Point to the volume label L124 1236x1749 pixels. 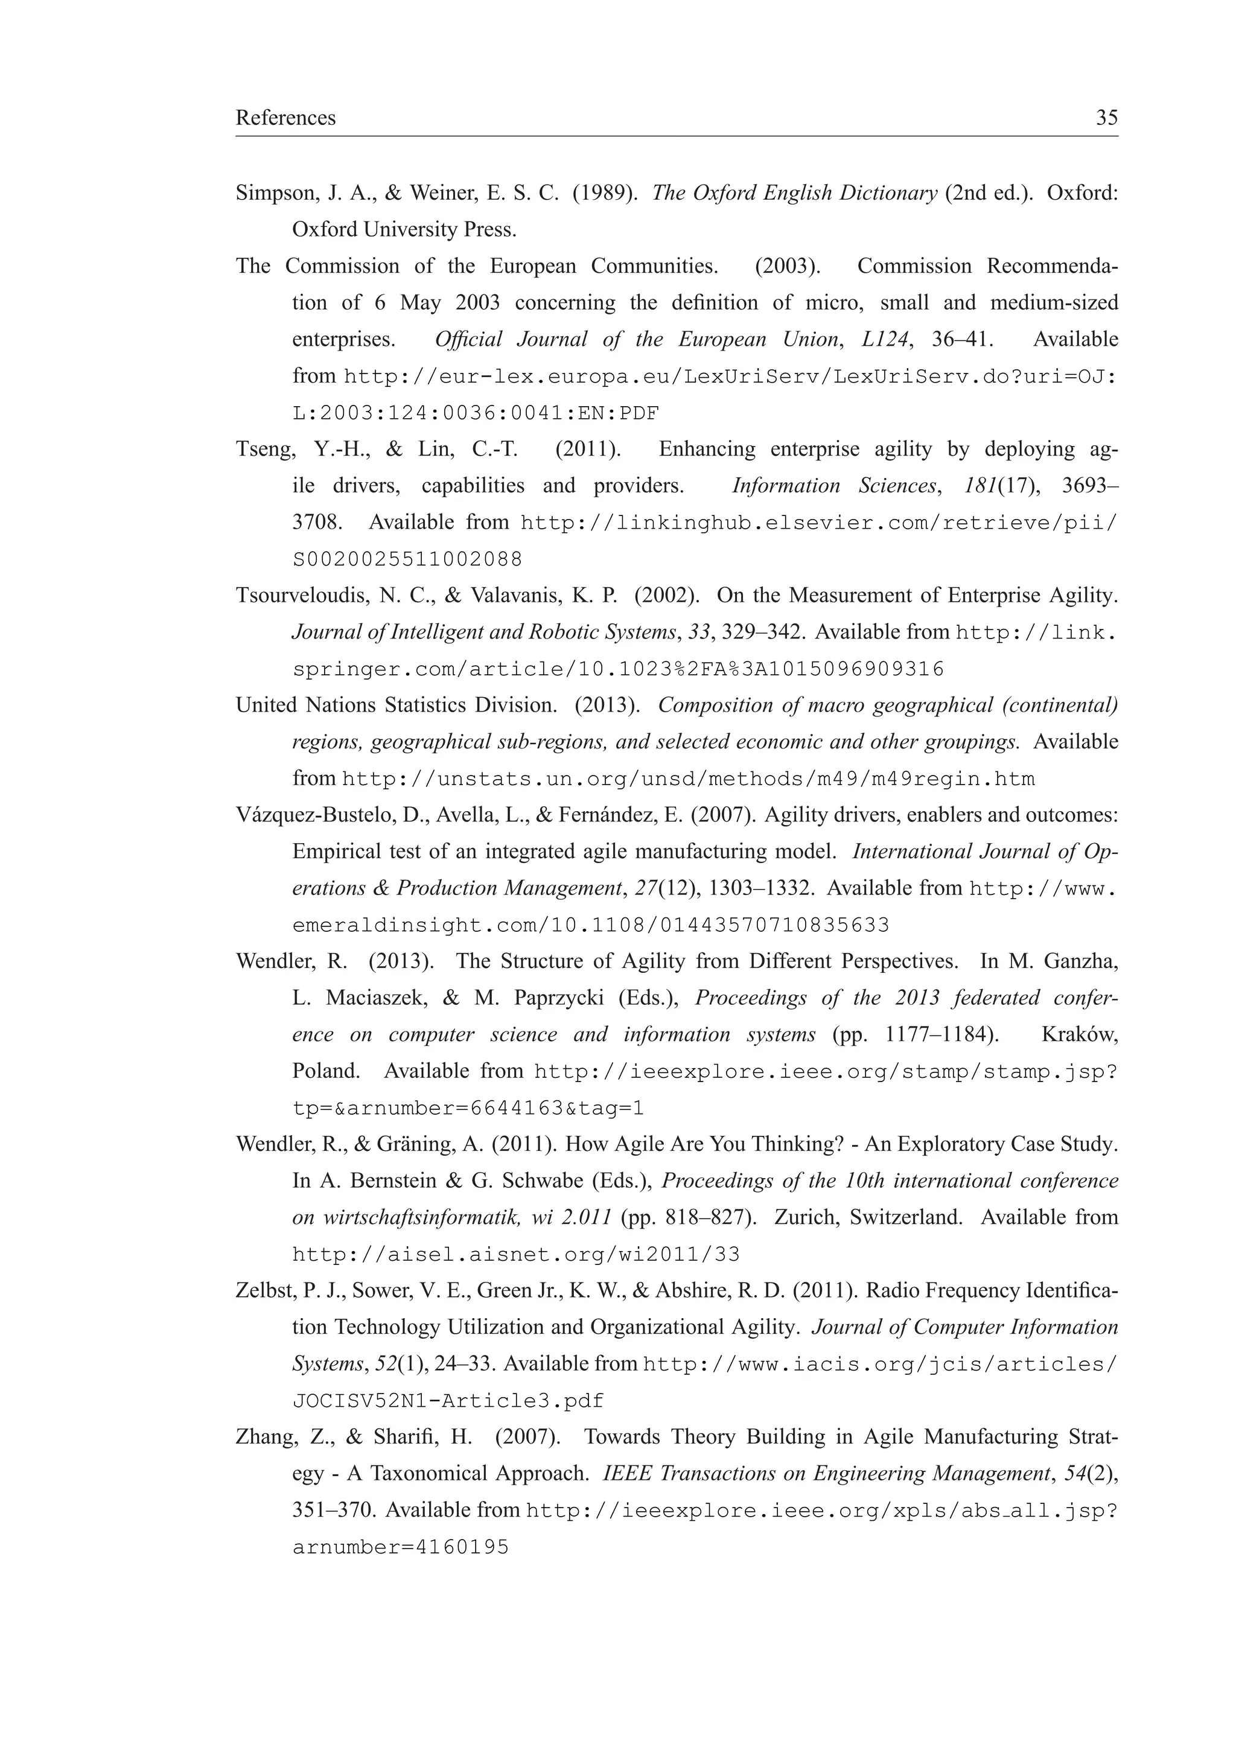[x=885, y=339]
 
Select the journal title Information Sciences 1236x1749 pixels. [x=833, y=485]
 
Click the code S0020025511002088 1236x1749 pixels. [x=407, y=560]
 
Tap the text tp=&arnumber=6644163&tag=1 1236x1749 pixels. [x=468, y=1108]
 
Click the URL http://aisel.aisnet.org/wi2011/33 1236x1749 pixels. [x=515, y=1255]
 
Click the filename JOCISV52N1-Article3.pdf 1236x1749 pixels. [x=448, y=1401]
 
